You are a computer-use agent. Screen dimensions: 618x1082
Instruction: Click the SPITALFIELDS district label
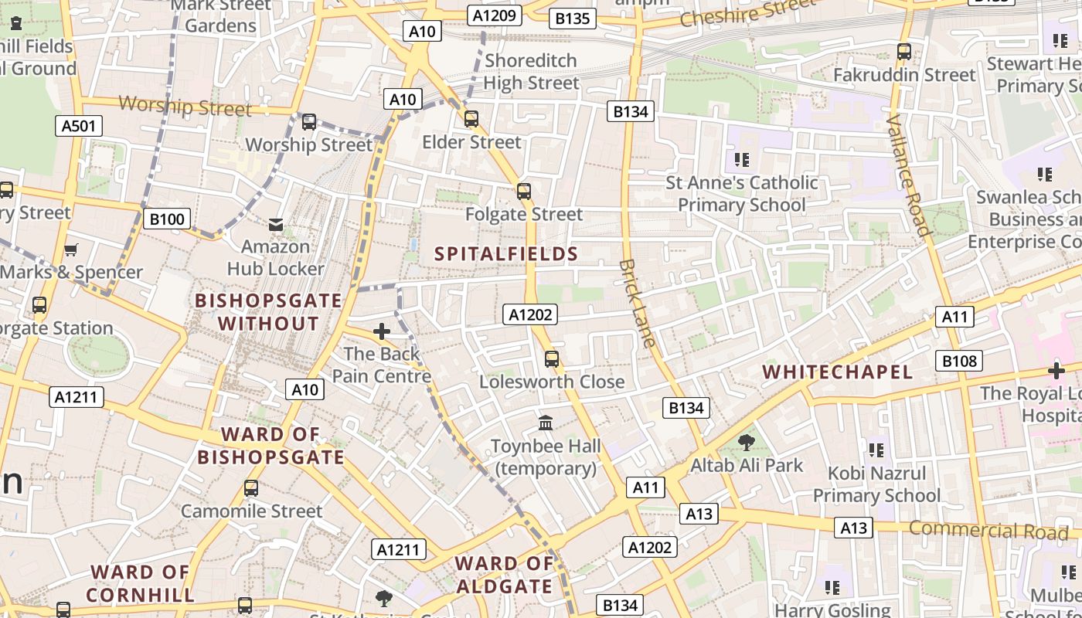click(506, 253)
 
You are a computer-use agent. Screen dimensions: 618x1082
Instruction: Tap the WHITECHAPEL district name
click(838, 372)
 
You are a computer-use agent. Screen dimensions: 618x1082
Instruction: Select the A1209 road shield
click(495, 15)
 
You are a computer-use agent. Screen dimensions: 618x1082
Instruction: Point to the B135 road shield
click(573, 18)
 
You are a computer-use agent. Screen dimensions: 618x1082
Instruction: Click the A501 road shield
click(79, 126)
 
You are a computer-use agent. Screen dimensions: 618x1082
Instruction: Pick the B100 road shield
click(167, 219)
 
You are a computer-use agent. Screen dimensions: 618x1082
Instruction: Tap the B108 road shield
click(960, 361)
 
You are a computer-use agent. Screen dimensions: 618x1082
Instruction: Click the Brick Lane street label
click(637, 303)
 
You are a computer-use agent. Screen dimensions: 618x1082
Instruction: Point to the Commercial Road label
click(988, 531)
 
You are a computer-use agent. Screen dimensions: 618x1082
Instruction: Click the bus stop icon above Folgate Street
click(524, 191)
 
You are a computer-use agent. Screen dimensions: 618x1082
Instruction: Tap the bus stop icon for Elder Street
click(471, 119)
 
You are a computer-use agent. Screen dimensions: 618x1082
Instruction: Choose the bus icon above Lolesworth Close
click(551, 358)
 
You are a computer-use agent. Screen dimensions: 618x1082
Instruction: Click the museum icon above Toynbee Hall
click(546, 423)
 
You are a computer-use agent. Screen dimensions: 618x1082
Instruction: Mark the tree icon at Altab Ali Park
click(746, 443)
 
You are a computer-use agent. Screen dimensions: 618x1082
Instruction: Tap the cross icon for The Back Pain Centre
click(381, 331)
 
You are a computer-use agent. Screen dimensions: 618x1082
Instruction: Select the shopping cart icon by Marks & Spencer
click(71, 250)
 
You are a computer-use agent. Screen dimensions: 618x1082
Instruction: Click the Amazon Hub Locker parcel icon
click(275, 224)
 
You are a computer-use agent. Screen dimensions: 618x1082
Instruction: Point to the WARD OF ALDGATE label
click(504, 575)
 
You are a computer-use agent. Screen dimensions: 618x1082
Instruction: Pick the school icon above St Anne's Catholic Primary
click(741, 160)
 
